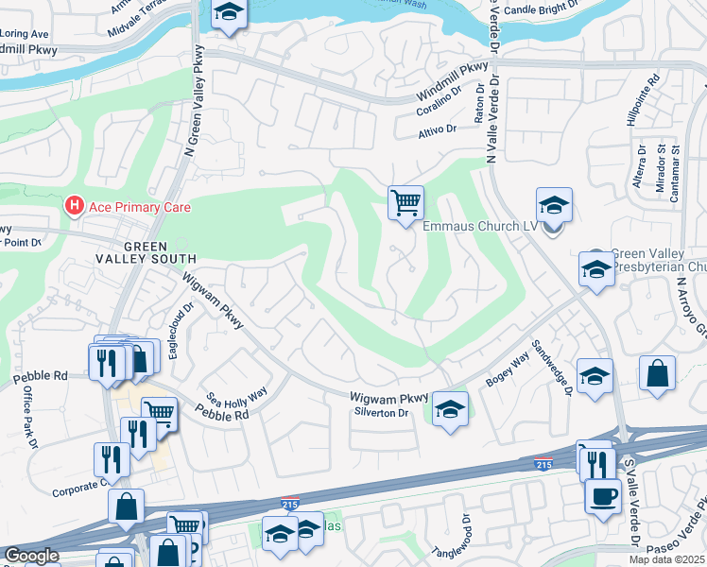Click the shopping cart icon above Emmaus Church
[405, 202]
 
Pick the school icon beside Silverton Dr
[451, 409]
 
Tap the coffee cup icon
[603, 496]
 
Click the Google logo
[31, 556]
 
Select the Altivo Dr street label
[438, 129]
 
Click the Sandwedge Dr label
[551, 366]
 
